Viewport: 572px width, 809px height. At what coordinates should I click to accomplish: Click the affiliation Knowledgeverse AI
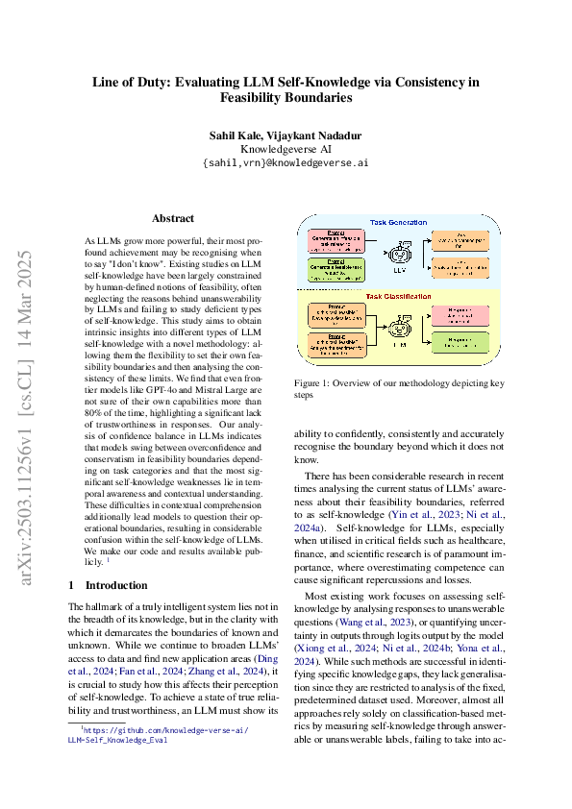[286, 149]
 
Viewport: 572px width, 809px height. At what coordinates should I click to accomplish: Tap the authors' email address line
[286, 163]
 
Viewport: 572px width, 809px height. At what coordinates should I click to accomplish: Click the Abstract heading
[173, 218]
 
